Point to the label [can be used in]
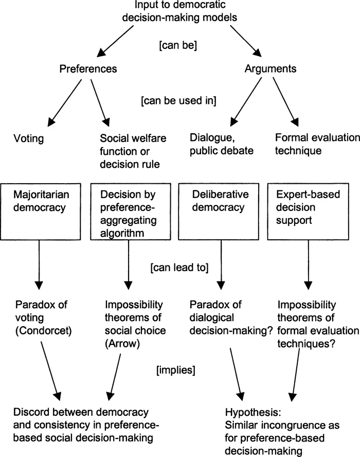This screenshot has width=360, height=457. click(x=178, y=100)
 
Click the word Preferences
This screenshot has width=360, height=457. click(x=88, y=68)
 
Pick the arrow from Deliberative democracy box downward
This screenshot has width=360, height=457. click(x=221, y=262)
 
